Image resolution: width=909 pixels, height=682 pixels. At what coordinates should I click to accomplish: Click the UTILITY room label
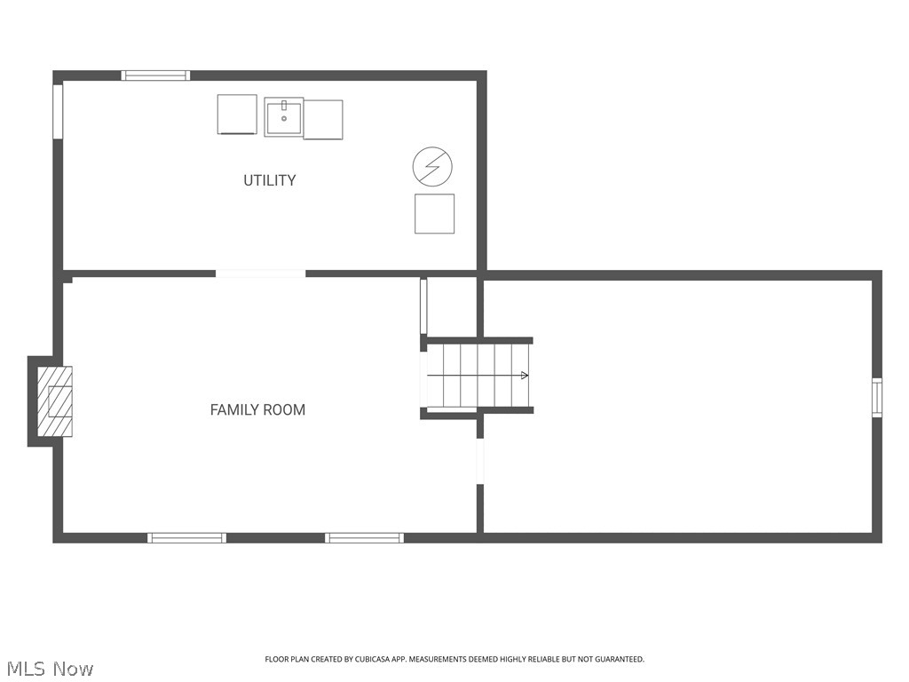[270, 180]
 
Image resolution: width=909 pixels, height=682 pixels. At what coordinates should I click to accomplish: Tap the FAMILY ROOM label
[257, 410]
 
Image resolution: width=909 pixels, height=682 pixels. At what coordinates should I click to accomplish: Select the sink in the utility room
[283, 117]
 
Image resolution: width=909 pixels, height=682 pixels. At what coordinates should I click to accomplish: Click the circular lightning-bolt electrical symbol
[432, 166]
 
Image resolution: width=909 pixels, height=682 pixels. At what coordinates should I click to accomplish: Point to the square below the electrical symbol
[434, 214]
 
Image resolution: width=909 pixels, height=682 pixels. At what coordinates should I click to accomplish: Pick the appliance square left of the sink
[237, 115]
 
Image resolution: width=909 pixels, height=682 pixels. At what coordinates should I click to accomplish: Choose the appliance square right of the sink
[323, 120]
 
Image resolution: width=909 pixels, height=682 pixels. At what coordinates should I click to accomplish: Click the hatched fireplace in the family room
[55, 401]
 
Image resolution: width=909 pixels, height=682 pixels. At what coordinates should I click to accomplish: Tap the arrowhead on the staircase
[525, 376]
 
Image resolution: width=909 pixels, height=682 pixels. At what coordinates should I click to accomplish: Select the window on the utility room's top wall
[155, 75]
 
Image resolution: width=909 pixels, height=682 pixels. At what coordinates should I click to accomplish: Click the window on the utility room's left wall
[58, 111]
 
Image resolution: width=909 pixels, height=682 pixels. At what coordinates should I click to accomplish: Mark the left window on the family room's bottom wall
[186, 538]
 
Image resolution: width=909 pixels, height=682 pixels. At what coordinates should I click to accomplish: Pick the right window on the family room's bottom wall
[364, 538]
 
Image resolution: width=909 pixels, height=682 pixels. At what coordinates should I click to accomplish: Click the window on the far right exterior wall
[877, 397]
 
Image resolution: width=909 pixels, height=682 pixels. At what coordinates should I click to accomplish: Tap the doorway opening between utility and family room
[261, 274]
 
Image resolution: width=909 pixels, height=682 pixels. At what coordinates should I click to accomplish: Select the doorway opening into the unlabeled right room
[480, 461]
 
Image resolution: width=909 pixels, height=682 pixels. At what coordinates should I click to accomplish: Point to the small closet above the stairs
[452, 306]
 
